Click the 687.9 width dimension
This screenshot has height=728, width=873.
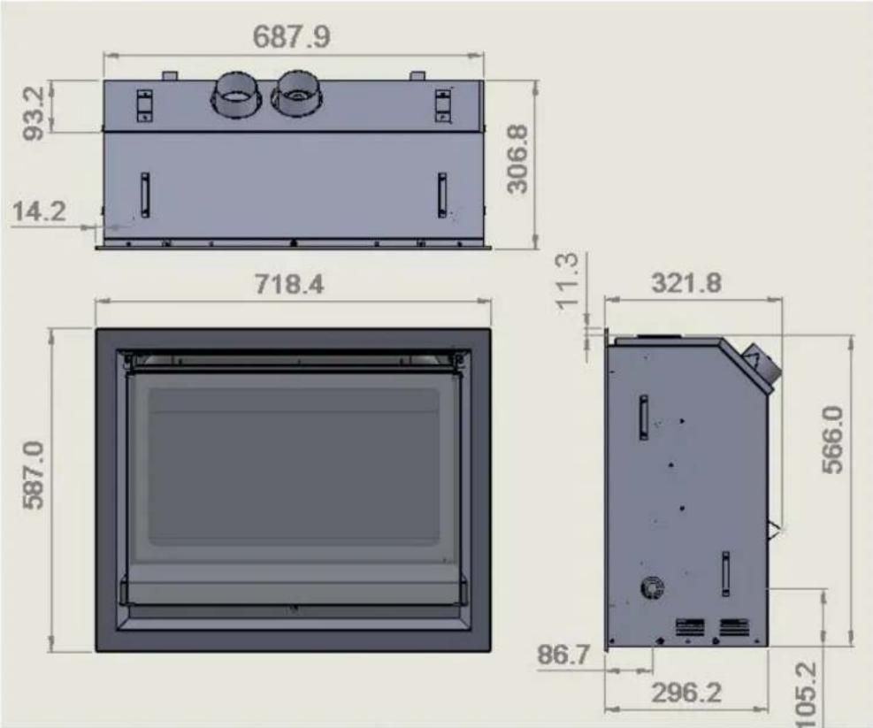click(x=291, y=37)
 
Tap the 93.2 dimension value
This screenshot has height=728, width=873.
click(x=34, y=113)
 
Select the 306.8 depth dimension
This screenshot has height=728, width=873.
click(x=517, y=158)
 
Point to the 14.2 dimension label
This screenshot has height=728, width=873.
click(x=38, y=212)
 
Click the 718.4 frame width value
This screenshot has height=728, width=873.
click(x=289, y=284)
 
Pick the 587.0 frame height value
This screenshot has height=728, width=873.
click(x=34, y=475)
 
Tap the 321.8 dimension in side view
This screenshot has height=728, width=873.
click(x=686, y=283)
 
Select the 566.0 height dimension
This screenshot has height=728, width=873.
click(x=833, y=440)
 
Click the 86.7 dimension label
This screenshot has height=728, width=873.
click(x=563, y=655)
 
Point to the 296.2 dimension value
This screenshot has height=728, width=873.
click(x=686, y=694)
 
